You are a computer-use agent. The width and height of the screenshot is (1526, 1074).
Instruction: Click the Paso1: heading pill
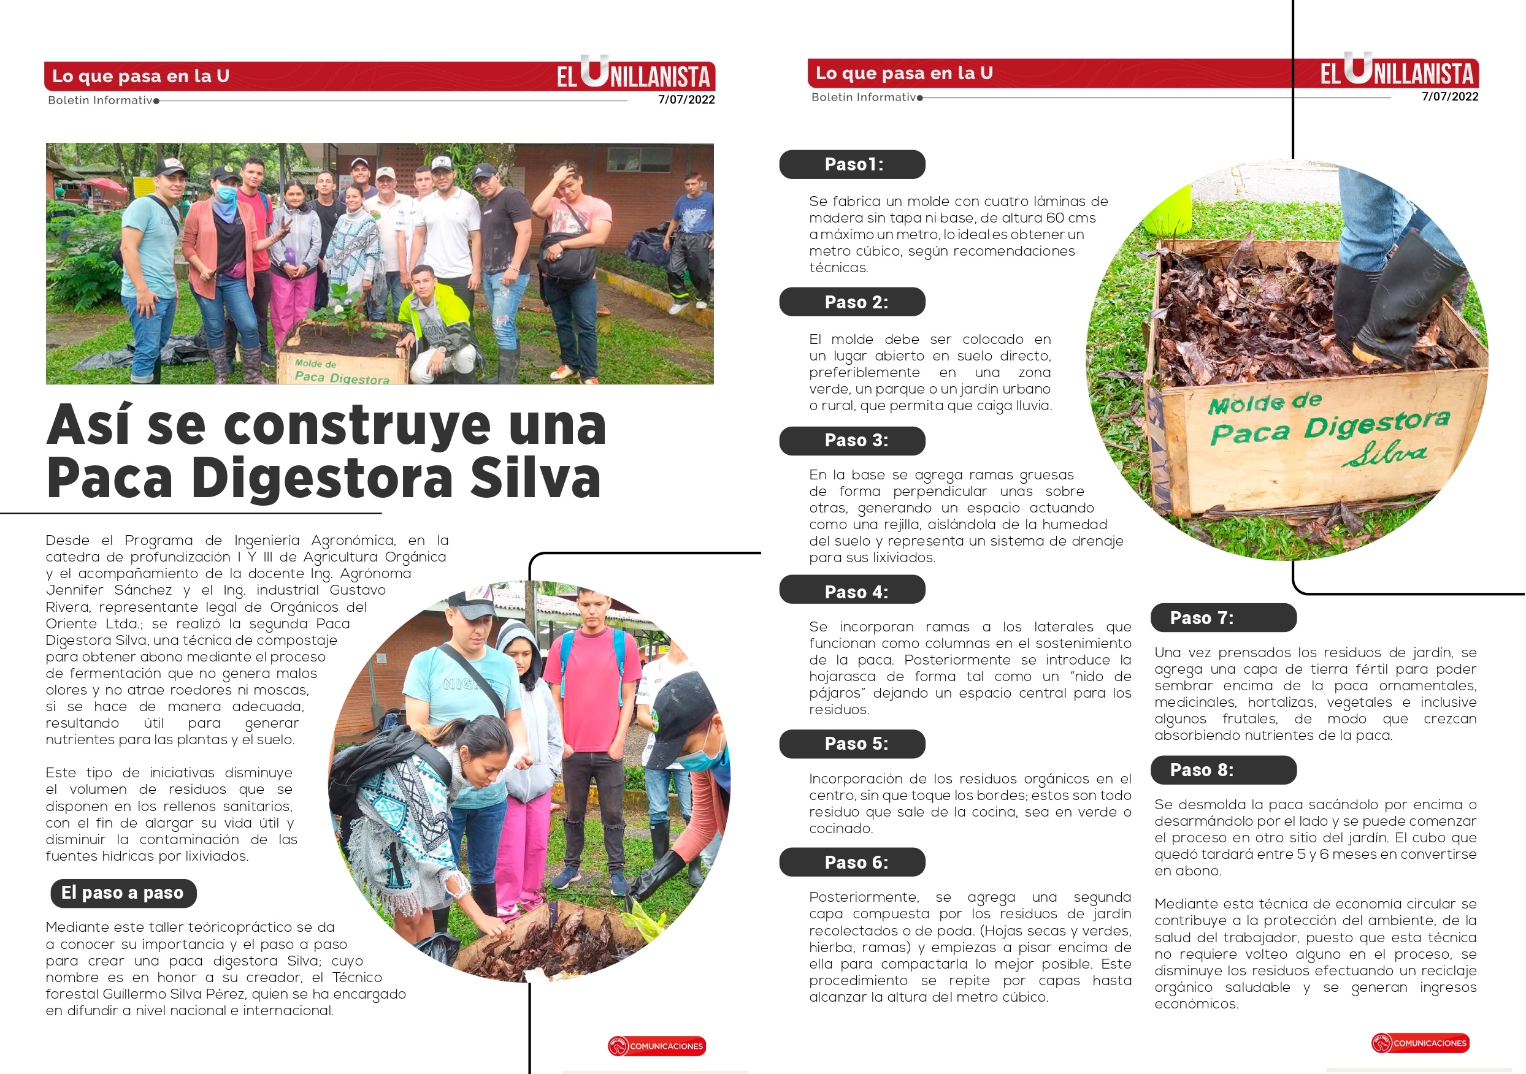852,164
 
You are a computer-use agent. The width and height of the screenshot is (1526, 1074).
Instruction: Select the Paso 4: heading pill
852,590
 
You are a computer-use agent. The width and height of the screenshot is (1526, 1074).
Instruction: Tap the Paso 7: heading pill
1223,618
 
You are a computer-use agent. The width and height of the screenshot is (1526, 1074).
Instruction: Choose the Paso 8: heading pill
1223,770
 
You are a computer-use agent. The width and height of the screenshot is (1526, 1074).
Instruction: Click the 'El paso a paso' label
123,893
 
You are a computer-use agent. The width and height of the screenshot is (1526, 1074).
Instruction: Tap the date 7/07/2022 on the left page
686,100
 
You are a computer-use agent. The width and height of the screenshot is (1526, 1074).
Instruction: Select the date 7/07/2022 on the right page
1449,96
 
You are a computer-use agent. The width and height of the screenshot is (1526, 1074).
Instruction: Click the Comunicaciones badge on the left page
657,1046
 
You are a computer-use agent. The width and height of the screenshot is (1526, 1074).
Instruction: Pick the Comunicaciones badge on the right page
1421,1043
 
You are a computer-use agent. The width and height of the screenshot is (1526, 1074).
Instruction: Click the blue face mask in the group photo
226,193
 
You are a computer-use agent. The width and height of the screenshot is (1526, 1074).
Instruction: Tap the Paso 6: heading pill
852,862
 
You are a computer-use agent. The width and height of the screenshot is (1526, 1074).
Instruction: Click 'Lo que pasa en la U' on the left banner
141,76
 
